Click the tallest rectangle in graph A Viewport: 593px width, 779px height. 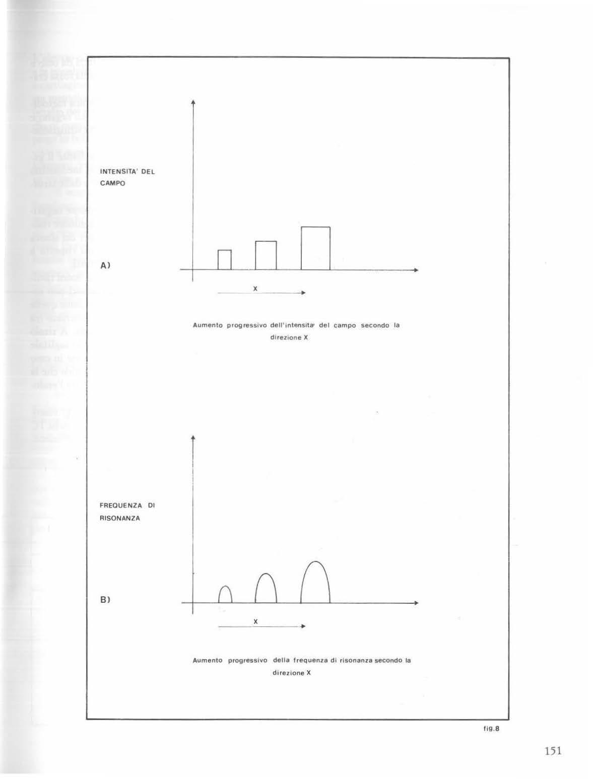click(x=315, y=248)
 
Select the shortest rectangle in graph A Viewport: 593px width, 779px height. click(x=224, y=260)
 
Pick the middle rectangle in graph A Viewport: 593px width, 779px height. click(x=266, y=255)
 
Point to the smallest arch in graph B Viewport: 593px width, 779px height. click(x=225, y=595)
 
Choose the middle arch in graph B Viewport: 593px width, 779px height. click(x=266, y=589)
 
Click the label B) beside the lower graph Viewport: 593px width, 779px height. click(x=105, y=600)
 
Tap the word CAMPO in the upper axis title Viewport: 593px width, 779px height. click(x=112, y=183)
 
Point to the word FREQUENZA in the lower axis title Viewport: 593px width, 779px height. click(x=117, y=505)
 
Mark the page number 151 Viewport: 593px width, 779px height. click(x=553, y=751)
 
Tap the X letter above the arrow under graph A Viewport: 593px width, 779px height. click(x=255, y=289)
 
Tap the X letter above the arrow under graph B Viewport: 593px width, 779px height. click(x=255, y=621)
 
